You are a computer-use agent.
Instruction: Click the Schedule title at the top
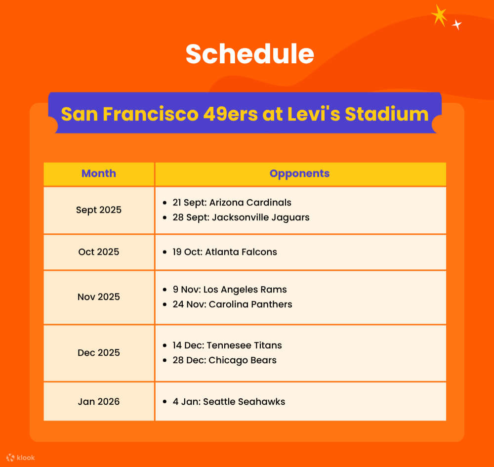click(249, 54)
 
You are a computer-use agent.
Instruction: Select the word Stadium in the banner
click(386, 114)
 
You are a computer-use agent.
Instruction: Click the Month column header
click(99, 173)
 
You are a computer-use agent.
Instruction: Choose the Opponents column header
click(299, 173)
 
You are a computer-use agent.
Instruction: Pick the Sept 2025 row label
click(99, 210)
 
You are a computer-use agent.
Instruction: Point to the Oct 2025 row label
click(99, 252)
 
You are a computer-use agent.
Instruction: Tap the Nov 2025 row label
click(99, 297)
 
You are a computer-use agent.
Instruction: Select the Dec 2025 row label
click(99, 352)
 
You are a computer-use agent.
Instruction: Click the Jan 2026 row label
click(99, 401)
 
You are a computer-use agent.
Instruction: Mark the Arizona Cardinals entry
click(232, 202)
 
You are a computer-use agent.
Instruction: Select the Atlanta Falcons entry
click(225, 252)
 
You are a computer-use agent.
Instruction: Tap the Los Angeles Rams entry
click(230, 289)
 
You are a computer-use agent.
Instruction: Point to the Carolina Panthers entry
click(232, 304)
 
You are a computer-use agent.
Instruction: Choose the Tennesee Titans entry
click(227, 345)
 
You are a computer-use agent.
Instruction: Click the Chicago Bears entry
click(224, 360)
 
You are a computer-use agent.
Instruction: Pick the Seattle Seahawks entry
click(229, 401)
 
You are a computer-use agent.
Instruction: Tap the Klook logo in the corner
click(21, 458)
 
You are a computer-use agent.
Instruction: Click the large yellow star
click(439, 15)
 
